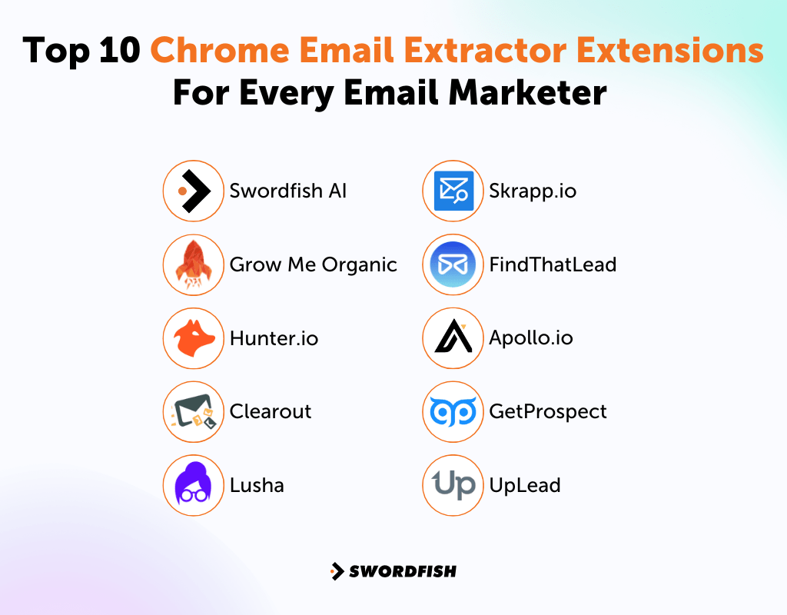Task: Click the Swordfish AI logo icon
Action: [x=193, y=191]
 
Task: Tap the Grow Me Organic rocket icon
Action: [x=193, y=265]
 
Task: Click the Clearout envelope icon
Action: [x=193, y=412]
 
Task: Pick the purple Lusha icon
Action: [x=193, y=486]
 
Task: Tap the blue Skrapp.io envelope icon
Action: [x=453, y=191]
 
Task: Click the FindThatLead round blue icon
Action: [x=453, y=265]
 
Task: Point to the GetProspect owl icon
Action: [x=453, y=412]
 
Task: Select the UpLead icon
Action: [x=453, y=486]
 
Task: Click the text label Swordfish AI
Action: [x=288, y=191]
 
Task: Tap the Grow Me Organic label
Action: [x=314, y=265]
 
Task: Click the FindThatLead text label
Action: [x=553, y=265]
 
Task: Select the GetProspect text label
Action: [x=548, y=412]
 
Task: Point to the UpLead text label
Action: [x=525, y=486]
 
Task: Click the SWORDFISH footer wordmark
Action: [x=402, y=571]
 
